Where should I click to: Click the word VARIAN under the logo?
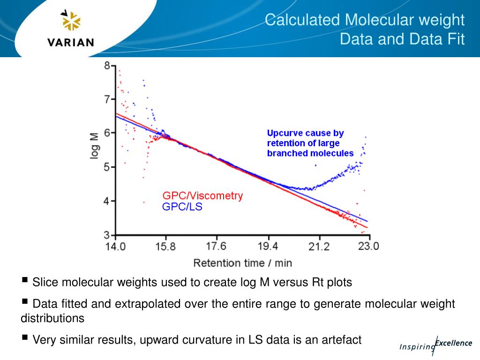[x=71, y=42]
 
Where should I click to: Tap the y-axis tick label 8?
[x=107, y=66]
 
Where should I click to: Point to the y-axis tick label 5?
[x=107, y=167]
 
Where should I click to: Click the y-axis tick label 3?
[x=107, y=235]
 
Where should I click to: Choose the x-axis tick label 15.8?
[x=165, y=246]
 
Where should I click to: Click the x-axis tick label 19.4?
[x=267, y=246]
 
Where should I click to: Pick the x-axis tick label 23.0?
[x=368, y=246]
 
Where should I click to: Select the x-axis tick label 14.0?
[x=115, y=246]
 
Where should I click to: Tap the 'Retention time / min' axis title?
[x=242, y=262]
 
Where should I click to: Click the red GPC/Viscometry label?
[x=202, y=196]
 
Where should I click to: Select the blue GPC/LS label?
[x=182, y=207]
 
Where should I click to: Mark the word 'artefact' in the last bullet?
[x=341, y=340]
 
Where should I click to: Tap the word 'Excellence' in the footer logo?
[x=453, y=343]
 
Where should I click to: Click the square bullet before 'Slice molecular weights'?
[x=24, y=280]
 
